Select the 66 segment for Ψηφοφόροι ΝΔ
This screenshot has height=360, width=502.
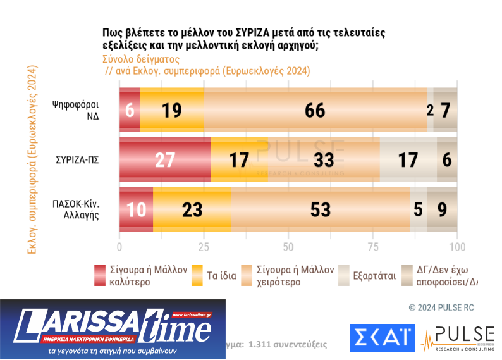tap(315, 110)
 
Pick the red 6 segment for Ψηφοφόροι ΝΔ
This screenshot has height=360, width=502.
tap(130, 110)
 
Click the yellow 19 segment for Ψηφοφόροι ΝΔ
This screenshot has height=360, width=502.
tap(172, 110)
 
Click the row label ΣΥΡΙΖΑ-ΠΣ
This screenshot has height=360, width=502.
tap(77, 159)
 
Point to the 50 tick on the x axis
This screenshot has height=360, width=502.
tap(288, 246)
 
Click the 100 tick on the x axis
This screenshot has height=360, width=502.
tap(456, 246)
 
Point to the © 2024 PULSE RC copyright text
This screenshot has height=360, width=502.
tap(441, 307)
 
